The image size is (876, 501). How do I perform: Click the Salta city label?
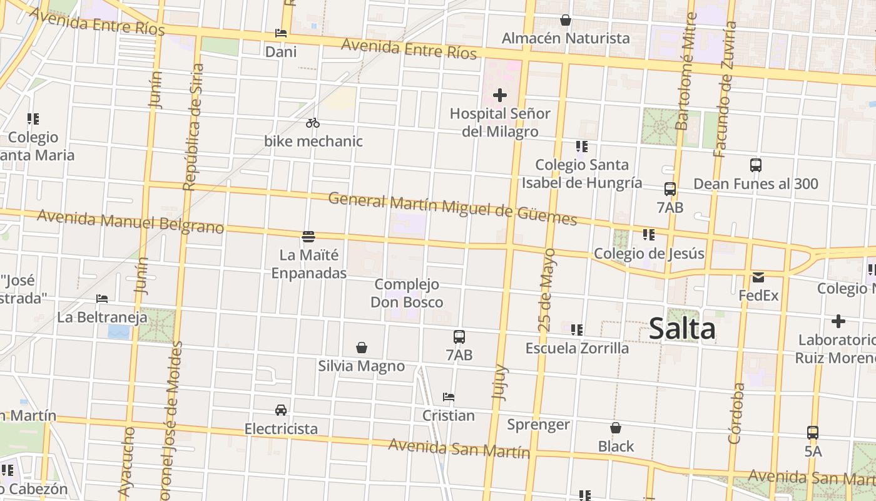[x=682, y=328]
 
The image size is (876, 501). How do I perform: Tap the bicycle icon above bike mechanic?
[x=313, y=123]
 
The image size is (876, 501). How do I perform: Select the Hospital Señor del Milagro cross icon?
[x=499, y=95]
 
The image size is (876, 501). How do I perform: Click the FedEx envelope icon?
[x=758, y=277]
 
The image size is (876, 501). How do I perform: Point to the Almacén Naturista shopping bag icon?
[x=566, y=21]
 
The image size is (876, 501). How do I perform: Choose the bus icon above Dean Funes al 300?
[x=756, y=165]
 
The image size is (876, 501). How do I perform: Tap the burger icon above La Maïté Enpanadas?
[x=308, y=237]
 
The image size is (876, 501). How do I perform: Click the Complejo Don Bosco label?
[x=407, y=293]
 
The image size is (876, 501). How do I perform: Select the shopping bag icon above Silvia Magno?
[x=361, y=348]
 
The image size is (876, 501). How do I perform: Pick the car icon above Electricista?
[x=281, y=410]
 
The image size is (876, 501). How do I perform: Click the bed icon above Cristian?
[x=448, y=397]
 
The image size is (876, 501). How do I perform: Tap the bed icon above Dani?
[x=281, y=33]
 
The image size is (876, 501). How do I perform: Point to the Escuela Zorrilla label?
[x=577, y=348]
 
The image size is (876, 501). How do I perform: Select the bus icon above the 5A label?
[x=812, y=432]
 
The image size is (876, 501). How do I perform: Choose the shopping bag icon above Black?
[x=616, y=428]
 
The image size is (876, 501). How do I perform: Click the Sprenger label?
[x=538, y=425]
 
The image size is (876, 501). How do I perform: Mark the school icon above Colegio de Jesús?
[x=648, y=235]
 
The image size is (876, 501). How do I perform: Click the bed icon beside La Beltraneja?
[x=102, y=299]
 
